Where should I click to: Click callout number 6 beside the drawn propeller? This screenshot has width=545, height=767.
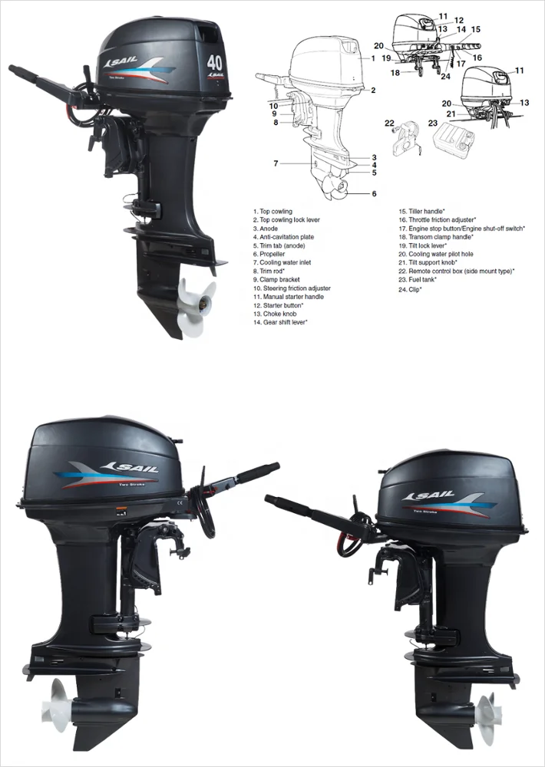point(374,194)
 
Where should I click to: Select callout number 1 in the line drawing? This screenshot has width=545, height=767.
point(372,58)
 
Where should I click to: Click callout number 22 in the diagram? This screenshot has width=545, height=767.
point(389,123)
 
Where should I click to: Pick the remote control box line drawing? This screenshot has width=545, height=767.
point(405,139)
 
